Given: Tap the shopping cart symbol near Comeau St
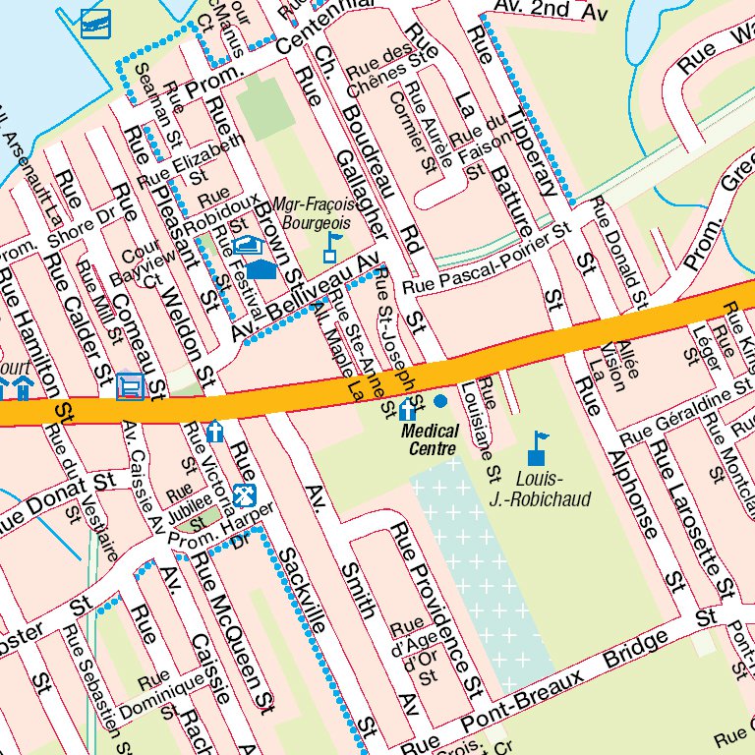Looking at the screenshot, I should (x=130, y=386).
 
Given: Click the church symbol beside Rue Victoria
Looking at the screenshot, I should (x=215, y=432).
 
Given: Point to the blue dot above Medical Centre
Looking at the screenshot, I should (x=439, y=401).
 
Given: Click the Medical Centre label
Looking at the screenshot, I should (x=431, y=439).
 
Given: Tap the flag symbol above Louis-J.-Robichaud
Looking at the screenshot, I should (x=537, y=447).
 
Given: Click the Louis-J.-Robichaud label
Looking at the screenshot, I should (x=540, y=490).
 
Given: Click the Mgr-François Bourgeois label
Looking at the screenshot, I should (x=310, y=213).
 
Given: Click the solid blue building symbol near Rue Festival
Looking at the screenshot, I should (x=261, y=268).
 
